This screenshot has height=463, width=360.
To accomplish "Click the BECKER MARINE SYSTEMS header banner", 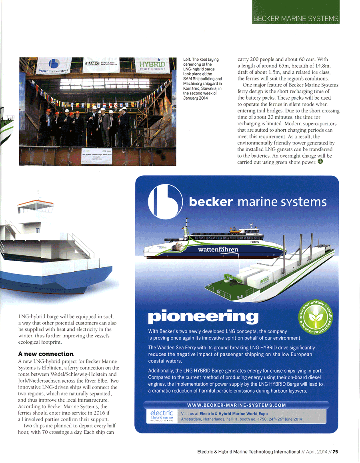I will point(296,18).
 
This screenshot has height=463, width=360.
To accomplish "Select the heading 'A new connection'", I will point(46,354).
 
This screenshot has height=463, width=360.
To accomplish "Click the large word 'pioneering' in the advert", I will point(203,317).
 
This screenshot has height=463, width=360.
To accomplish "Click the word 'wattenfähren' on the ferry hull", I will point(218,250).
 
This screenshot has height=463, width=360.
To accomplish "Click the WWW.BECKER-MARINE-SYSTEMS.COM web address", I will point(237,405).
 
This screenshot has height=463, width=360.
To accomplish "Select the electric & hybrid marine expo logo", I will point(162,416).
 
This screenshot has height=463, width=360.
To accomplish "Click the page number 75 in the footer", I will point(335,452).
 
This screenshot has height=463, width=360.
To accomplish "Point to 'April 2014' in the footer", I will point(316,452).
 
